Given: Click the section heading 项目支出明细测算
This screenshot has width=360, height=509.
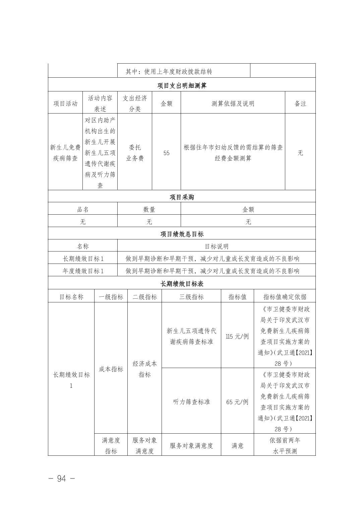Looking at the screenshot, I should point(182,85).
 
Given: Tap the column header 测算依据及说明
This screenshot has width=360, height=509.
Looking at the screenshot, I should point(233,103).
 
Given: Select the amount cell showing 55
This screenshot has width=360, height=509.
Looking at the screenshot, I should point(166,153).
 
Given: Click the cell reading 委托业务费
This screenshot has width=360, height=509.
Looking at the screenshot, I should point(135,153).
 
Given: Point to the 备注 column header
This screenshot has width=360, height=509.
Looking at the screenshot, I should point(300,103).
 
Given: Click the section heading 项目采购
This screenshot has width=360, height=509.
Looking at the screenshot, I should point(182,197).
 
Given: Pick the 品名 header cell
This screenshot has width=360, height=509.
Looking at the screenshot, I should point(83,209).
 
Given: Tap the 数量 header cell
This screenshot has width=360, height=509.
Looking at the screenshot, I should point(149,209).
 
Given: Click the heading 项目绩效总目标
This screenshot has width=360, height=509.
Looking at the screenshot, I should point(182,234).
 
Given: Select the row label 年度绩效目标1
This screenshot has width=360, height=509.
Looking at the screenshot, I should point(83,271).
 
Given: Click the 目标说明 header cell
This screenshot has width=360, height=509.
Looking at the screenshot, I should point(217,246).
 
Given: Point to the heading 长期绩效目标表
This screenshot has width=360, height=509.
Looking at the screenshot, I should point(182,284).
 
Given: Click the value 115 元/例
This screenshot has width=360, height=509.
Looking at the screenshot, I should point(237,336).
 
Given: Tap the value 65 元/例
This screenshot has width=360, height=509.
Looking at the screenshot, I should point(237,402).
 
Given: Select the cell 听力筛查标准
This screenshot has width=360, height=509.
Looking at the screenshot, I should point(191,402).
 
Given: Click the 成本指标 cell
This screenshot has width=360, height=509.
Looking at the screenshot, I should point(111,369).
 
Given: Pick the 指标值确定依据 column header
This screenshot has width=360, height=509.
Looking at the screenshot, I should point(285,297).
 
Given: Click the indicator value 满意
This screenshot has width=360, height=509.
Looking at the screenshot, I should point(237,445).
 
